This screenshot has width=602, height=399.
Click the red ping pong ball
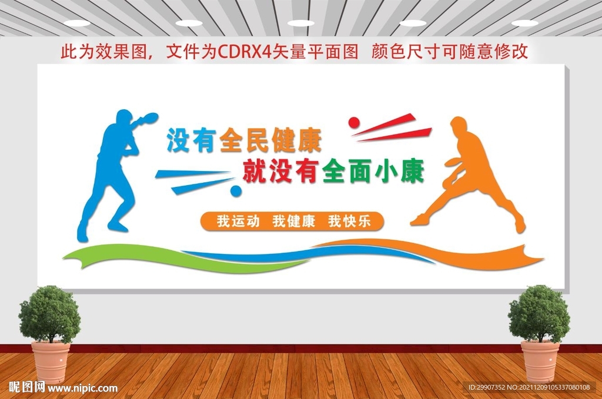(353, 122)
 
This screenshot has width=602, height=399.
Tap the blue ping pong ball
(236, 190)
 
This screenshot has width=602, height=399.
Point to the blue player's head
(123, 118)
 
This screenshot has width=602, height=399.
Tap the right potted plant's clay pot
(540, 361)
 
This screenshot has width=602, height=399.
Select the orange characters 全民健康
(270, 140)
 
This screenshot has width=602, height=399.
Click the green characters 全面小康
(373, 171)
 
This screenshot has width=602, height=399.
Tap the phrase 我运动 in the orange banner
(238, 222)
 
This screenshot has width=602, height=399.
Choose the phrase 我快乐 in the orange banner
(349, 222)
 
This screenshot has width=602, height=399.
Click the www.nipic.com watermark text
(82, 388)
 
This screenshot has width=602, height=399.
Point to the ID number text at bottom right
(529, 387)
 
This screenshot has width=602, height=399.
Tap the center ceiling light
(300, 24)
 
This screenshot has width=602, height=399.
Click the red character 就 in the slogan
(255, 171)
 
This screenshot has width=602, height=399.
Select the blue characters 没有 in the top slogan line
(191, 140)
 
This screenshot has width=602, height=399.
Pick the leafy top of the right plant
(540, 313)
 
